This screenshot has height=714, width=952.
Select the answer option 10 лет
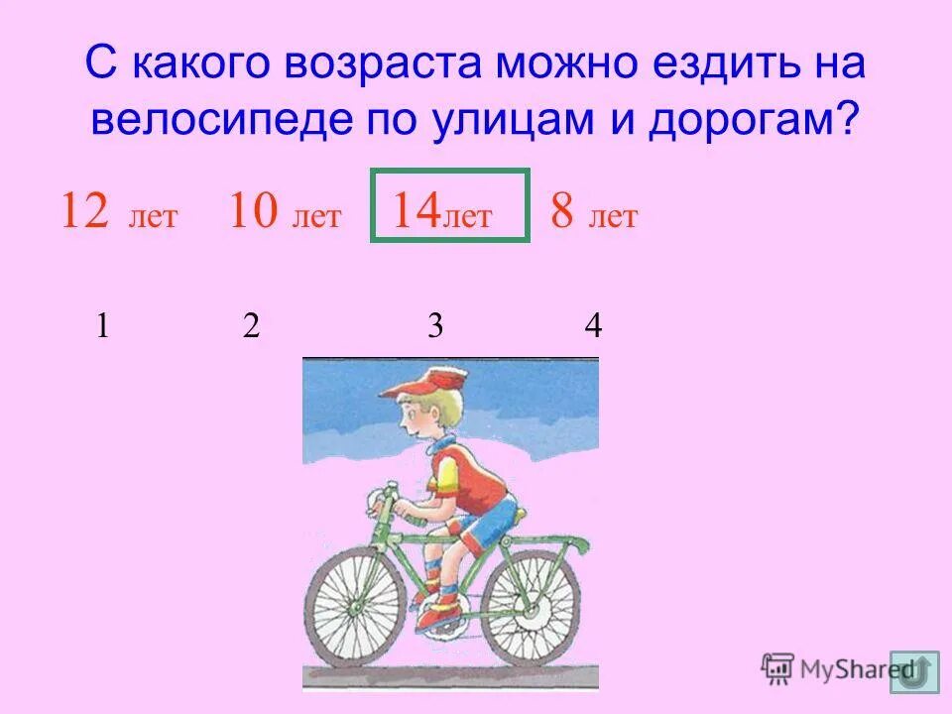tap(285, 213)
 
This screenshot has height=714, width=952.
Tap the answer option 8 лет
tap(594, 213)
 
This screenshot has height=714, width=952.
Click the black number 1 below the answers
tap(102, 326)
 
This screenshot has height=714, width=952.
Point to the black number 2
tap(251, 326)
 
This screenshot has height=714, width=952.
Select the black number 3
tap(434, 326)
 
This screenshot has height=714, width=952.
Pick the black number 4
tap(593, 326)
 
